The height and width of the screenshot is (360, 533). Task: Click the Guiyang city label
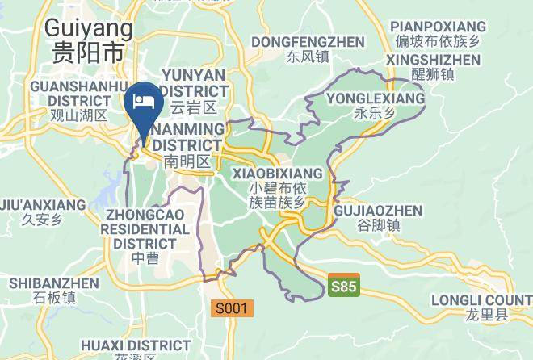(88, 28)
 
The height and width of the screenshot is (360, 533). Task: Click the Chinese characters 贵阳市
(88, 53)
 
